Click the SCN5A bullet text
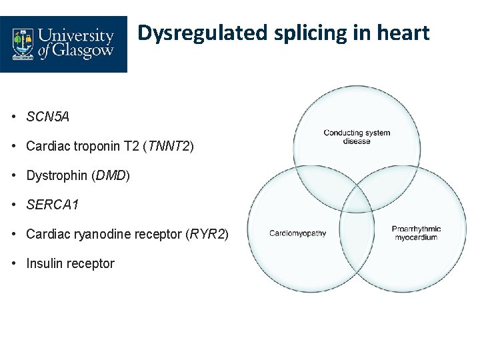pos(48,117)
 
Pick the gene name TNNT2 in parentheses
pos(168,147)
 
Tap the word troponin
pos(91,147)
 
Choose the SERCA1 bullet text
pos(53,205)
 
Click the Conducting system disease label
pos(357,137)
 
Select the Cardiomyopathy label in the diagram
pos(297,233)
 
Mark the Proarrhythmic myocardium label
pos(416,233)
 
